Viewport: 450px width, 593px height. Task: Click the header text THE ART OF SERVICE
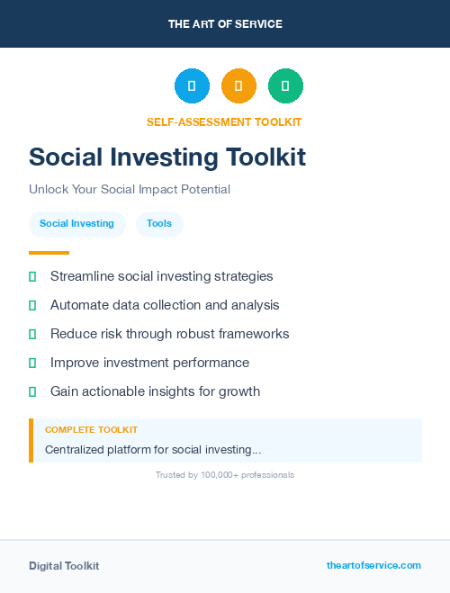coord(225,24)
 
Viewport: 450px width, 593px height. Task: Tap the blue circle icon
coord(192,86)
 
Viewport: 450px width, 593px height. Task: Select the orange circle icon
coord(238,86)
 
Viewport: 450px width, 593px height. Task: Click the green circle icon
coord(285,86)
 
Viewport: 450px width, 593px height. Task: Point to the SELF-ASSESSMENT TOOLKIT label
coord(224,122)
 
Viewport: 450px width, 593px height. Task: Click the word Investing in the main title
coord(168,157)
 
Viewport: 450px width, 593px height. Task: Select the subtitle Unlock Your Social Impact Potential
coord(130,190)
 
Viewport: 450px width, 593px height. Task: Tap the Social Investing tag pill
coord(76,224)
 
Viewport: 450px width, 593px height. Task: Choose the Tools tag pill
coord(159,224)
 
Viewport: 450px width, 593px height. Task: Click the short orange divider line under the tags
coord(49,253)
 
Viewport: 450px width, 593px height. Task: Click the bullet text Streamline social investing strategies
coord(161,276)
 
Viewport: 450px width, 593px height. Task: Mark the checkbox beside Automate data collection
coord(32,305)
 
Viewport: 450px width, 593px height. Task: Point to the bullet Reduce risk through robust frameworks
coord(169,334)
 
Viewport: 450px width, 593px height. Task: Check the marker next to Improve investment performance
coord(32,363)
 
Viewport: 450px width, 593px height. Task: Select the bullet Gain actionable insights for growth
coord(155,391)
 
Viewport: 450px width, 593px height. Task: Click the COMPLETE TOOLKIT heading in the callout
coord(91,430)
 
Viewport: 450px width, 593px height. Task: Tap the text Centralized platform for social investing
coord(153,449)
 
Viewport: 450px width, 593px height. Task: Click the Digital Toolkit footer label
coord(64,566)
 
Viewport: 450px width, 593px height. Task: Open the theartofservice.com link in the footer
coord(373,565)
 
